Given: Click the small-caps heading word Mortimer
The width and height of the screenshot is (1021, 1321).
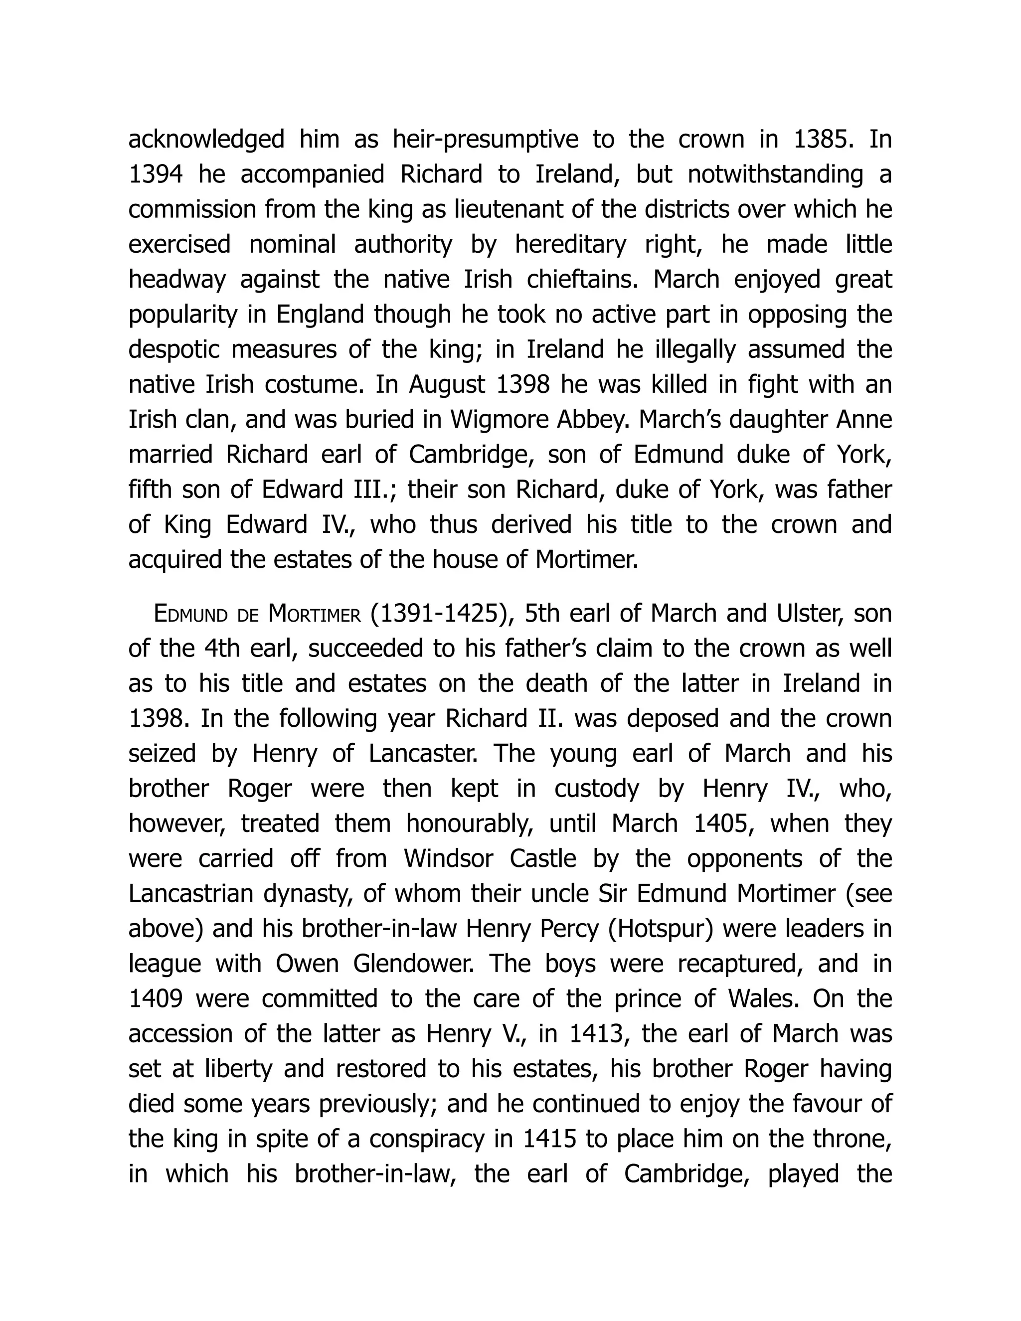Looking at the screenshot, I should [314, 615].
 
